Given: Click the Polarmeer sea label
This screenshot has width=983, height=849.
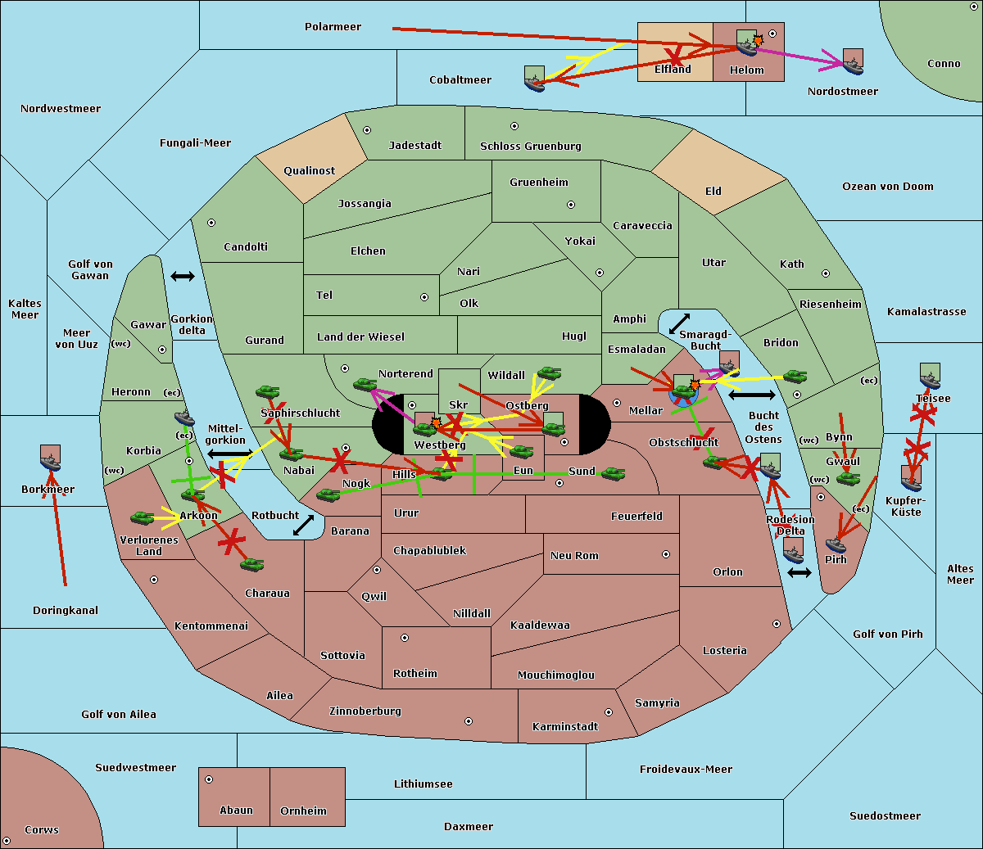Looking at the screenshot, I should tap(333, 27).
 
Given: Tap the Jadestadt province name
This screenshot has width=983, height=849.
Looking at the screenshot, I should tap(414, 146).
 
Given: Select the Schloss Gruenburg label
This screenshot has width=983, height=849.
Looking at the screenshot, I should tap(530, 147).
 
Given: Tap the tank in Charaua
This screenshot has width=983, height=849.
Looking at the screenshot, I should tap(251, 564).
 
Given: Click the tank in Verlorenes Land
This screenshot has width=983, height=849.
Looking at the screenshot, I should tap(142, 518).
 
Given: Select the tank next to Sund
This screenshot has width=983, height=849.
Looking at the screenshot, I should tap(613, 474).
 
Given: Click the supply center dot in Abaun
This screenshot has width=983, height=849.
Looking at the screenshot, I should tap(209, 779).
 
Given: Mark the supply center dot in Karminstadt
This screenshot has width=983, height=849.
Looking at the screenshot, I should tap(609, 712).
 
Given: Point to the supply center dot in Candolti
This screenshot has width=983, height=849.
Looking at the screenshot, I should tap(211, 223).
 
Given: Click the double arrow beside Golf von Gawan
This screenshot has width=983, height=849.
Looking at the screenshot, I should tap(182, 277).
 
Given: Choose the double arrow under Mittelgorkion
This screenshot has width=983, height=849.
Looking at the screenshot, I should tap(229, 454).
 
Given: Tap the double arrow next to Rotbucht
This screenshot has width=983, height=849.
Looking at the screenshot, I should tap(303, 525).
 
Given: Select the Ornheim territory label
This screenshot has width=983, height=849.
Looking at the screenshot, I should tap(303, 811).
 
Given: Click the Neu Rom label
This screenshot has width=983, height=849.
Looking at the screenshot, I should tap(574, 556).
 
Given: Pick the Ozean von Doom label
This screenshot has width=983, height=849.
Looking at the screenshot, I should tap(887, 187).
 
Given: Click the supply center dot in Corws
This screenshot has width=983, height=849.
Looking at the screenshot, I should tap(7, 841).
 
